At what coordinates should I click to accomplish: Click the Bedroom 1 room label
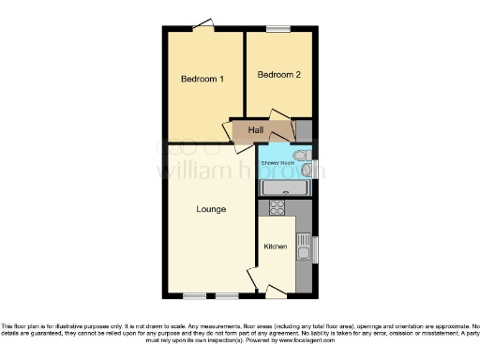click(202, 79)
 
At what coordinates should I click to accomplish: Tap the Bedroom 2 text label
click(278, 75)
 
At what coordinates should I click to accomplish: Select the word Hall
click(255, 129)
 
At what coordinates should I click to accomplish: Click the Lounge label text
click(211, 209)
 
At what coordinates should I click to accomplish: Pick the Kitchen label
click(275, 247)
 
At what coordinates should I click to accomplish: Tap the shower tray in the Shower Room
click(284, 188)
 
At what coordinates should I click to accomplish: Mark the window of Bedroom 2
click(277, 29)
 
